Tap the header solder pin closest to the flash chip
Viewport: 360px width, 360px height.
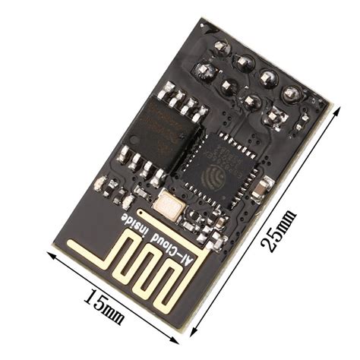pyautogui.click(x=204, y=71)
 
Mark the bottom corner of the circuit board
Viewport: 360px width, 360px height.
pyautogui.click(x=182, y=328)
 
